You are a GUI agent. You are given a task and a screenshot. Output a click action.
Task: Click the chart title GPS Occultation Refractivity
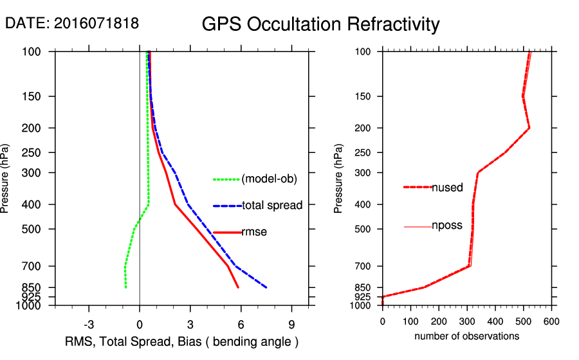320,24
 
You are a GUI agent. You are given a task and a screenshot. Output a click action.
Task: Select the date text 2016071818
96,23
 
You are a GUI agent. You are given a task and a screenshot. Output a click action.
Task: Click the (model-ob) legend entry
269,179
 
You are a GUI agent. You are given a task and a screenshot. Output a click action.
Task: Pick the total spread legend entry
272,206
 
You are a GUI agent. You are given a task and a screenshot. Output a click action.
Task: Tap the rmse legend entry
254,232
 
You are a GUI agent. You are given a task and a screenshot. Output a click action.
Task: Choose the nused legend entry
447,188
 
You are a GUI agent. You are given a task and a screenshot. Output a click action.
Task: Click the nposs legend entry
447,226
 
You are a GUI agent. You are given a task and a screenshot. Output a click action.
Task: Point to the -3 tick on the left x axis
89,323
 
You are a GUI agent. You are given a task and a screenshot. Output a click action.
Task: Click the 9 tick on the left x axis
292,323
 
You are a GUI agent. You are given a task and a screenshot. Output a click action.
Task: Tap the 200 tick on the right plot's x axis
439,321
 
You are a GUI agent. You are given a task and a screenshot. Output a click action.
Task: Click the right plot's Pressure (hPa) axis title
340,179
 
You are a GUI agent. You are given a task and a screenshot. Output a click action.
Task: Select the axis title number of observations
466,336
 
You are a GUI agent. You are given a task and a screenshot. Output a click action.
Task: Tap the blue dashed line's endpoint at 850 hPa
266,287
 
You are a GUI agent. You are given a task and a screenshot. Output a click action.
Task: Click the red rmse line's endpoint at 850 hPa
239,287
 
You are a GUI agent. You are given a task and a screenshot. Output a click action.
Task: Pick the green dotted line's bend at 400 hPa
149,204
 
